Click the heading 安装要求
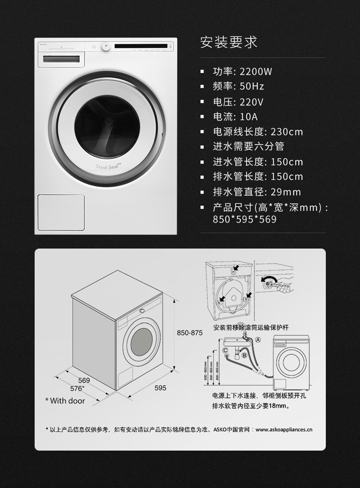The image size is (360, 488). pos(228,42)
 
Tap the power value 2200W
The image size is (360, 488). pos(256,72)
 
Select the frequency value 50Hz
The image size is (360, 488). pos(252,87)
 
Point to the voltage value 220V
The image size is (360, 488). pos(252,102)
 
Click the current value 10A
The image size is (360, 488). pos(248,117)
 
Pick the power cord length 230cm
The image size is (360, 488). pos(287,132)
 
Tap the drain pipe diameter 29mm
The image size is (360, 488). pos(286,192)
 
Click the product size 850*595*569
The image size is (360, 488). pos(245,220)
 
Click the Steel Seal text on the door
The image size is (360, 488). pos(108,166)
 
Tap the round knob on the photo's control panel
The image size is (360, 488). pos(106,47)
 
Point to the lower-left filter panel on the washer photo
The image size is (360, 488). pos(61,212)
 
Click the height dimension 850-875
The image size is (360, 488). pos(190,332)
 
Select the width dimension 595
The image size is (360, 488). pos(160,388)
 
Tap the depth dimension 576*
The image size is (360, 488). pos(77,388)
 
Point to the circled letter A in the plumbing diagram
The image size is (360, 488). pos(258,339)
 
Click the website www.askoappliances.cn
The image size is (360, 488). pos(283,429)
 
